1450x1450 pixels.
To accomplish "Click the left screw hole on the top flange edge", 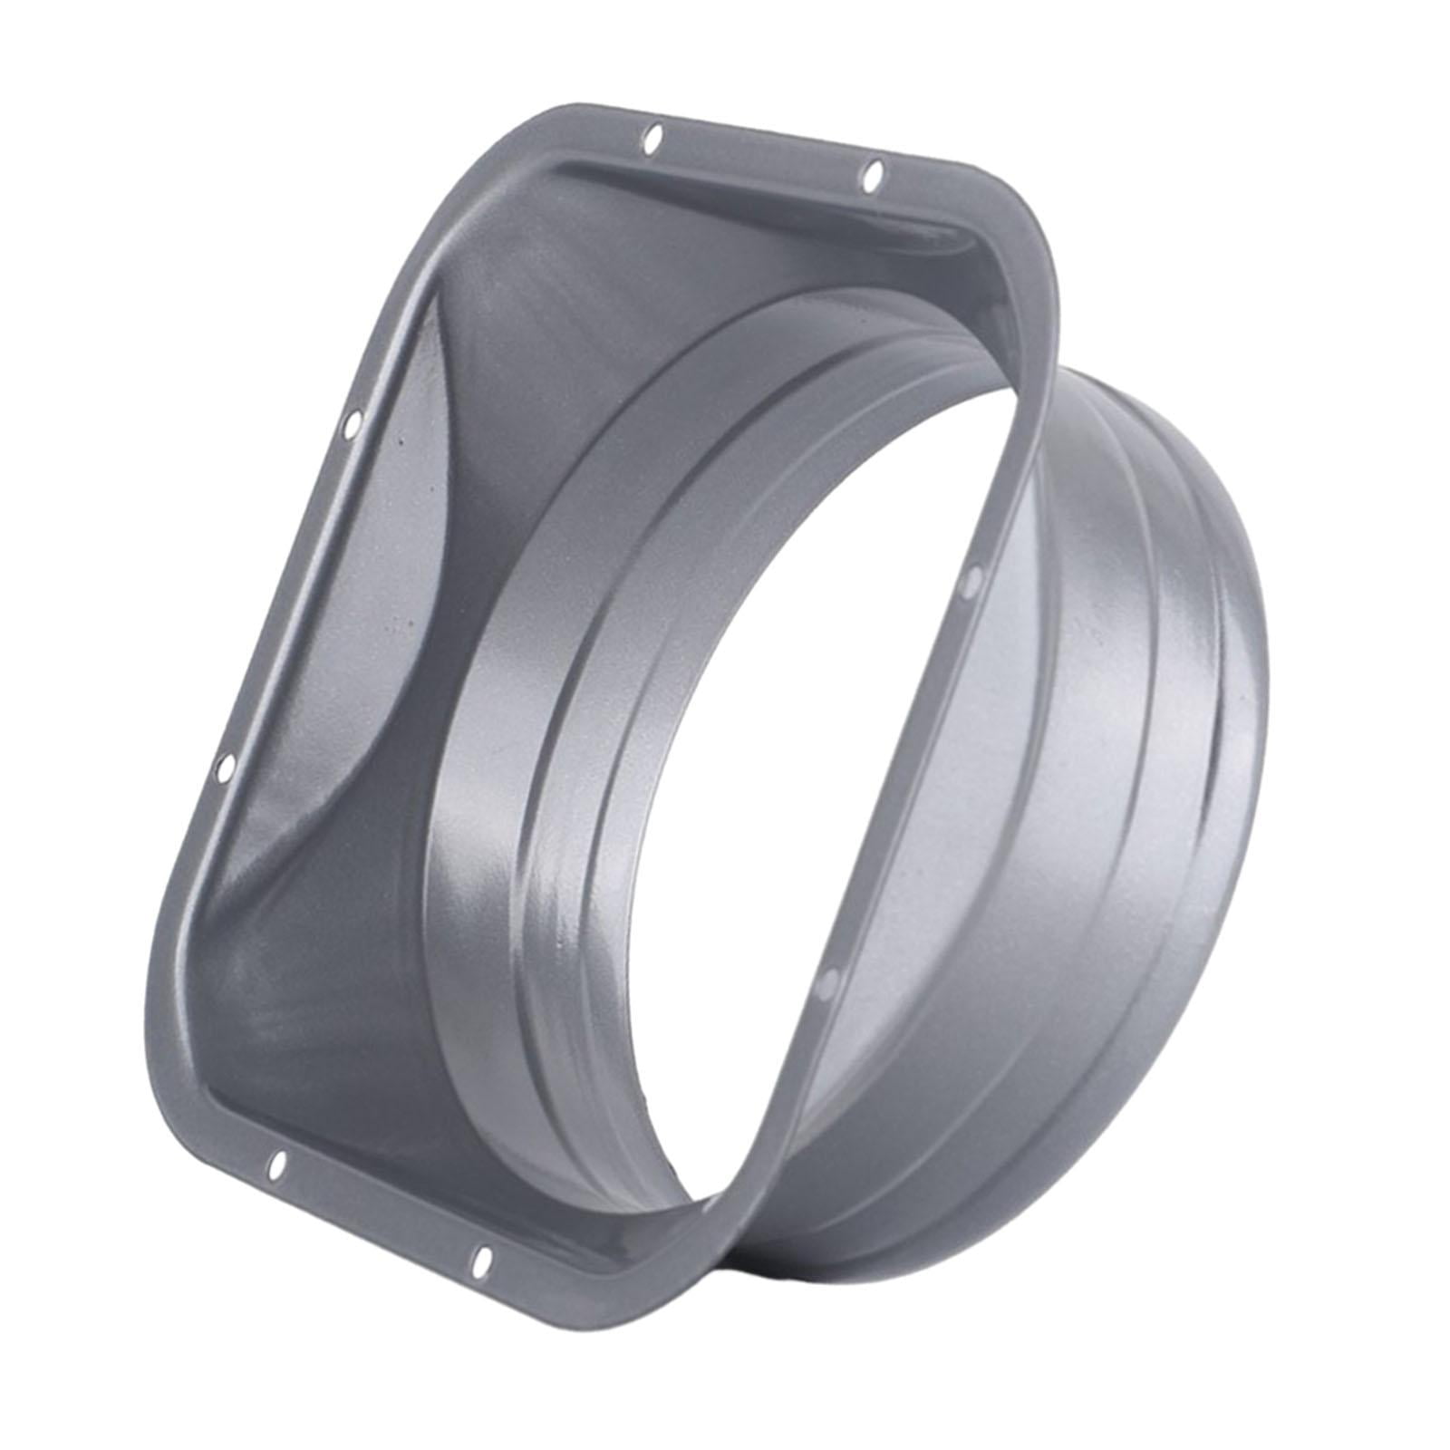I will pos(655,139).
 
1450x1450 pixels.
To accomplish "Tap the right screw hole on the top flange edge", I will pos(872,174).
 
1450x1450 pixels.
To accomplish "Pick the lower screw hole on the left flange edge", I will pos(225,769).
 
